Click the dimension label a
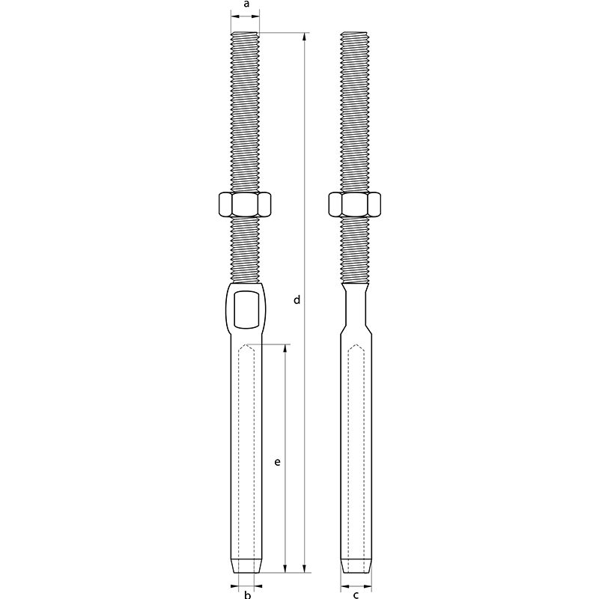246,4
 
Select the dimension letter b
246,595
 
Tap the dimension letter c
356,595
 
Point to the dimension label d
297,300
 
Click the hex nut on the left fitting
246,204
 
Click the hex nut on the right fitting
356,204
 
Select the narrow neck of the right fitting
356,307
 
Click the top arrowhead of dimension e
286,348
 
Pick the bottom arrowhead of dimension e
286,570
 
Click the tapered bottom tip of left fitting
246,566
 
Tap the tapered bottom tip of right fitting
356,566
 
